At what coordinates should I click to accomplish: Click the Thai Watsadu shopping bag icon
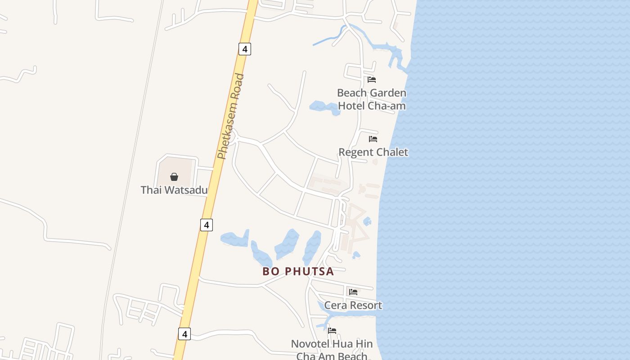point(174,177)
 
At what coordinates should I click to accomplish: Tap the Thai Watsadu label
point(174,190)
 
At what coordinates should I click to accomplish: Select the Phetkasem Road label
point(230,117)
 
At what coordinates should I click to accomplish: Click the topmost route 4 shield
point(244,49)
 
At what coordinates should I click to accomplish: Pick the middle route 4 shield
point(206,225)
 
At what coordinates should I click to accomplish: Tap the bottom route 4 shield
point(184,334)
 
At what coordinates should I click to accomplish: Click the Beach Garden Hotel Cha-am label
point(372,99)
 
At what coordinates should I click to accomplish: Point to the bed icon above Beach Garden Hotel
point(372,80)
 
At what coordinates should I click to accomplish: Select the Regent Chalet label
point(373,152)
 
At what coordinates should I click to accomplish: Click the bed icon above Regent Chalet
point(373,139)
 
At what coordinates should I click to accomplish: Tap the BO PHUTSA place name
point(298,271)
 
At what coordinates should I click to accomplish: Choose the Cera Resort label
point(353,305)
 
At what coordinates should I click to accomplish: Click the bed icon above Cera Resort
point(353,292)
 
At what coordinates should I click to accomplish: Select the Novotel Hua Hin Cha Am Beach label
point(332,350)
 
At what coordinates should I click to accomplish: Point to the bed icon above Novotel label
point(332,330)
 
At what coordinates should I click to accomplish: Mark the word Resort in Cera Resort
point(364,305)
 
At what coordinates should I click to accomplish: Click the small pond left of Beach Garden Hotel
point(323,107)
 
